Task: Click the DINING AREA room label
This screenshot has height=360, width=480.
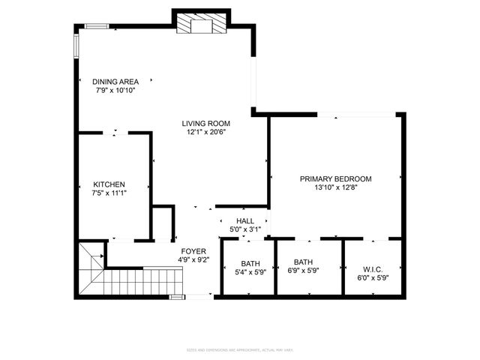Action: click(115, 82)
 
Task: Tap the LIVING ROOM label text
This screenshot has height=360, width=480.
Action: click(205, 124)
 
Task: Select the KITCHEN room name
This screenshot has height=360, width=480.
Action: click(109, 184)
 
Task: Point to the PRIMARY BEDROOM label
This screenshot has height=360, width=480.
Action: click(335, 179)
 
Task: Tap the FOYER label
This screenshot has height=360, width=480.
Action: click(193, 251)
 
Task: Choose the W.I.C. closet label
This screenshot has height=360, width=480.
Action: click(373, 268)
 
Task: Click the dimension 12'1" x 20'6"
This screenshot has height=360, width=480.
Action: click(205, 132)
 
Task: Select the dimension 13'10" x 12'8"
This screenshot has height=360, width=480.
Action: click(335, 187)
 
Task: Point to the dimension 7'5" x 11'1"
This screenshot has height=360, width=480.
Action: click(109, 193)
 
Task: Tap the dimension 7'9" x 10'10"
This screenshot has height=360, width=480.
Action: click(115, 90)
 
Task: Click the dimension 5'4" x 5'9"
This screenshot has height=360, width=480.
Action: click(250, 272)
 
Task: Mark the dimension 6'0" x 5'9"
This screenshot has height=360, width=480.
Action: click(373, 277)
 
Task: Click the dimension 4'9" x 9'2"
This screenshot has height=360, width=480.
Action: click(193, 259)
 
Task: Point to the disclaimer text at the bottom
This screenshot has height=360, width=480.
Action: click(239, 349)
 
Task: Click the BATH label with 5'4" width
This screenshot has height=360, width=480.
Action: click(250, 263)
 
